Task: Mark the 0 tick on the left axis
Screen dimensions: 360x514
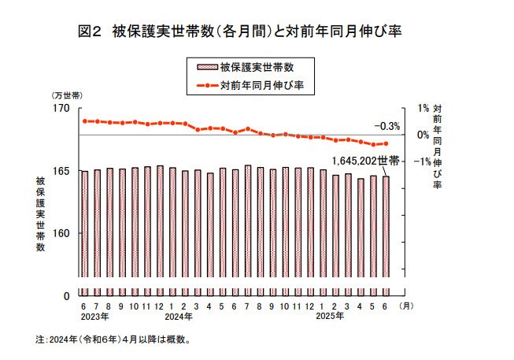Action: coord(66,295)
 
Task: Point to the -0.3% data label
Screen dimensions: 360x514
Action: coord(387,126)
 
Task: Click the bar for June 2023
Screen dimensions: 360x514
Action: coord(83,233)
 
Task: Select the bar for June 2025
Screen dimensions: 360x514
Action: coord(386,236)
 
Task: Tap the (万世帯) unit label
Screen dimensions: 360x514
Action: coord(66,95)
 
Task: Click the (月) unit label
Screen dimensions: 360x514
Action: coord(406,305)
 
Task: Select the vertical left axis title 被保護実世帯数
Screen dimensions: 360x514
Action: coord(40,213)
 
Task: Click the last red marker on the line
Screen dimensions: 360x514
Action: coord(386,143)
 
